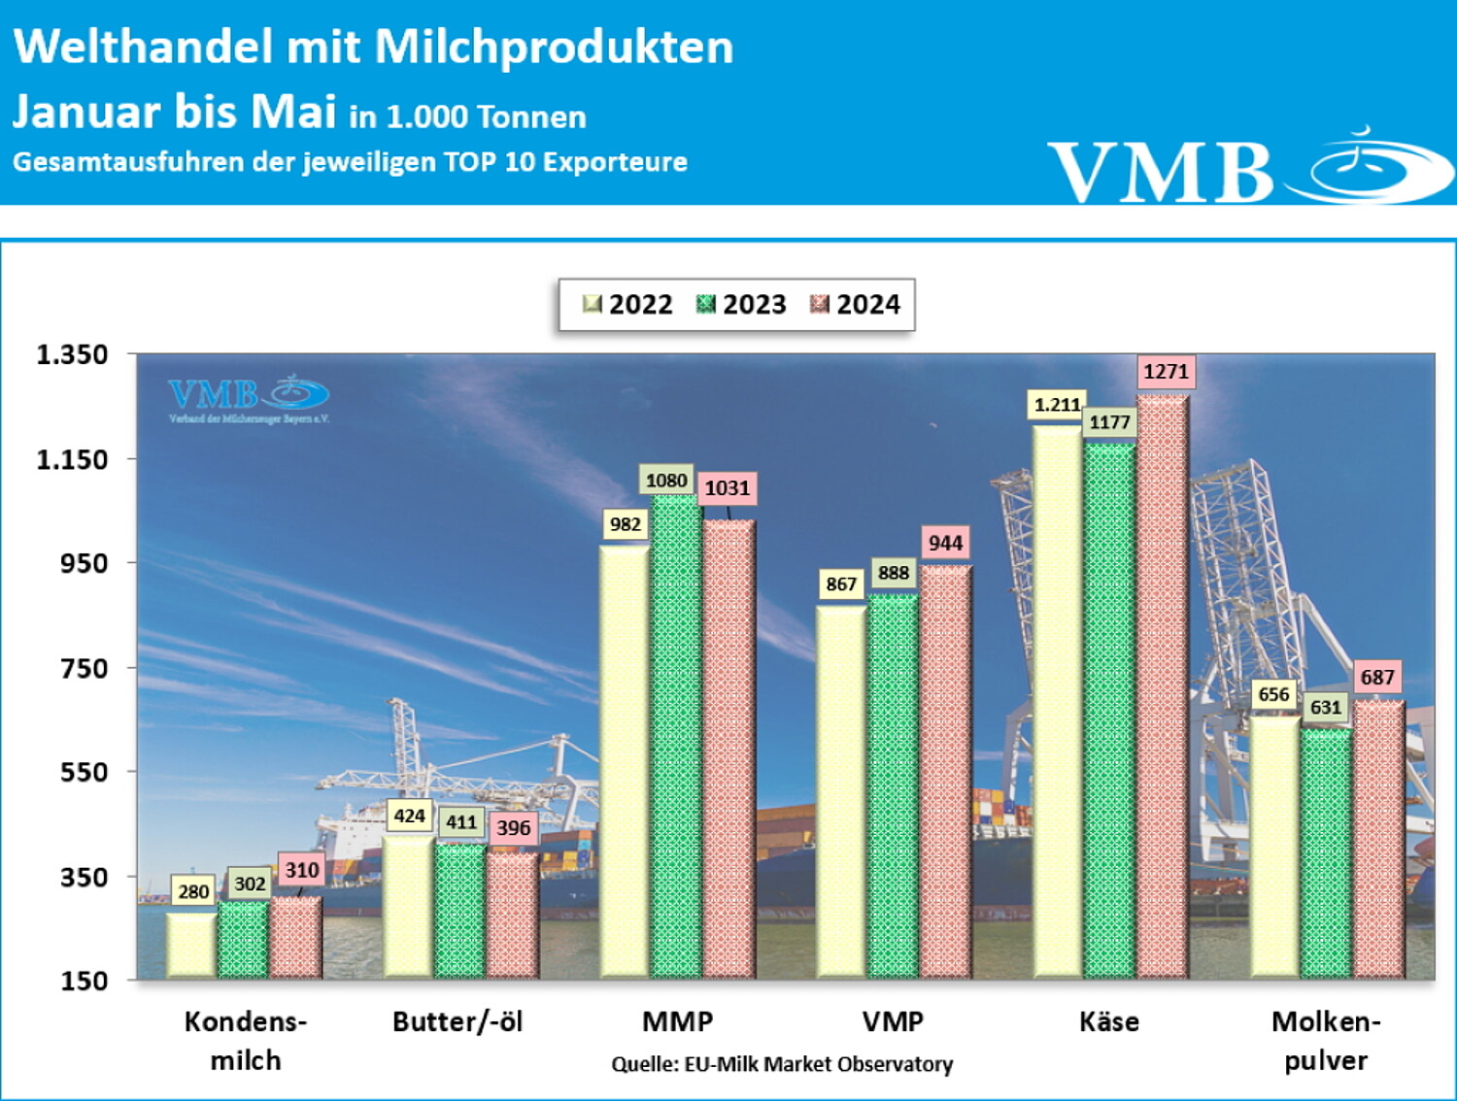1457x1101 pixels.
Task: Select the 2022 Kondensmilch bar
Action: [191, 944]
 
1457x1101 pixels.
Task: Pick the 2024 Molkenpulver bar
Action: [1379, 839]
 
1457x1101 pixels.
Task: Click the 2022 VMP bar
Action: [841, 791]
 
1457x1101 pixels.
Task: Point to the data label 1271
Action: [1166, 371]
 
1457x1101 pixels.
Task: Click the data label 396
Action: [513, 828]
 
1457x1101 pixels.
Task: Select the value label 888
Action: [894, 573]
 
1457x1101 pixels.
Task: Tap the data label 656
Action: [1273, 694]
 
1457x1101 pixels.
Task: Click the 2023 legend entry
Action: [741, 305]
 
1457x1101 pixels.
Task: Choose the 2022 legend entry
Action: [627, 305]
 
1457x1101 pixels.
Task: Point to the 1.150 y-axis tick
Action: [72, 459]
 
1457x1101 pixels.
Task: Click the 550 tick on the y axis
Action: [85, 773]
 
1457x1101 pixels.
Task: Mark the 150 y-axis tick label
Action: [85, 981]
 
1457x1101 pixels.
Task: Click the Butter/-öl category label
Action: [457, 1021]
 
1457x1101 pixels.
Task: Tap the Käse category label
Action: [1109, 1021]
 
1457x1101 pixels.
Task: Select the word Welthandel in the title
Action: [143, 47]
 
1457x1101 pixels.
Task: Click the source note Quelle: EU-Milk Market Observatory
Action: [782, 1064]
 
